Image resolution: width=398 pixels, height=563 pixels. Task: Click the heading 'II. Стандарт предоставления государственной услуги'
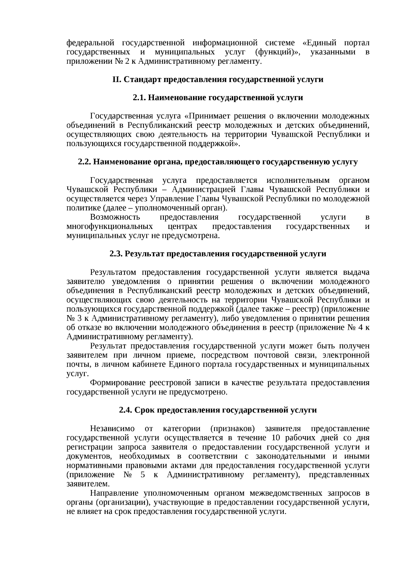[218, 80]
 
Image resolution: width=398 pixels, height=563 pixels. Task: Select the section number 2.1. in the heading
[139, 98]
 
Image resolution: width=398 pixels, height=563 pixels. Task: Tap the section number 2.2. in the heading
[84, 162]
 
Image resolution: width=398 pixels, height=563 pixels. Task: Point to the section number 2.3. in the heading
[116, 254]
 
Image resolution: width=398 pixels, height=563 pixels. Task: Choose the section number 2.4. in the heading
[125, 410]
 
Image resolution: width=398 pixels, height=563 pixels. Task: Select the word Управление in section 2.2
[168, 199]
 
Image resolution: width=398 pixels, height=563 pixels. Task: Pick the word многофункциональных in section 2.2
[110, 226]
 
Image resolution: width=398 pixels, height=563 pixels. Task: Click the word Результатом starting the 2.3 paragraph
[113, 272]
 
